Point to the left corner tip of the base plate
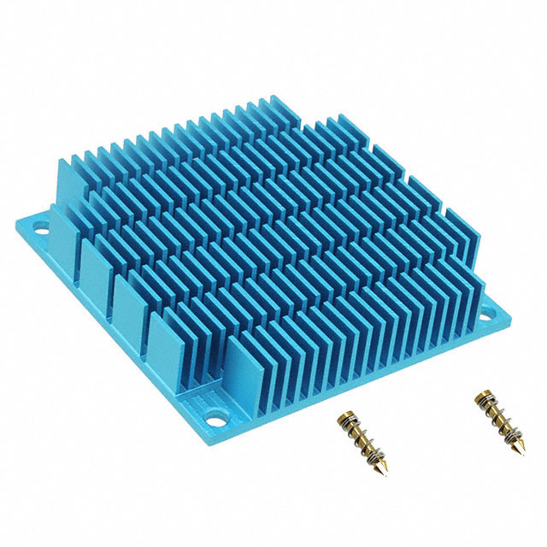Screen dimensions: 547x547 pos(16,224)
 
